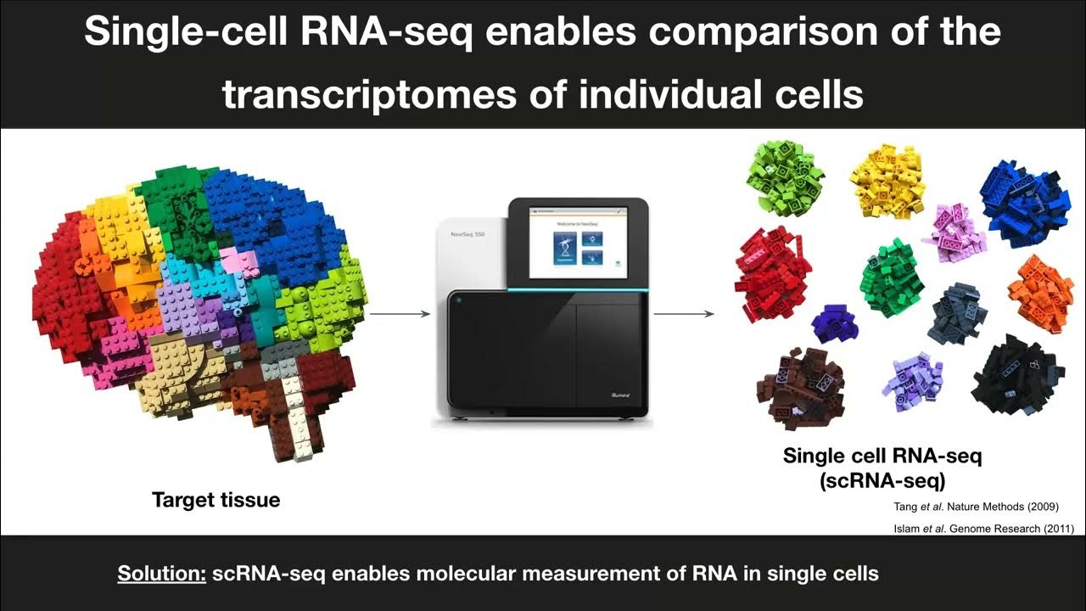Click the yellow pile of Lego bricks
(x=887, y=180)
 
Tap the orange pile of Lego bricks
(x=1041, y=294)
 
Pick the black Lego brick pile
(x=1016, y=374)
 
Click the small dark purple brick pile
(x=835, y=323)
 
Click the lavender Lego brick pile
(x=913, y=380)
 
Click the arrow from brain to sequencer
(x=400, y=314)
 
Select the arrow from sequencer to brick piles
(x=684, y=314)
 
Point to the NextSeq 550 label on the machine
(x=467, y=233)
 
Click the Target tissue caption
(x=216, y=500)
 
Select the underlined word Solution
(x=161, y=574)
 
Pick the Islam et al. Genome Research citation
(x=984, y=529)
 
